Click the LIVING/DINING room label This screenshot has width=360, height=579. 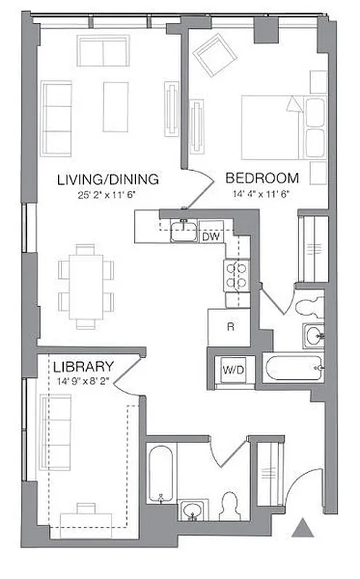[108, 179]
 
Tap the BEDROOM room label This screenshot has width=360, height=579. [262, 178]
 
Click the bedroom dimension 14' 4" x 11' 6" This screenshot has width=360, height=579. [261, 193]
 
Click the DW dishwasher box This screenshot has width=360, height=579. [210, 237]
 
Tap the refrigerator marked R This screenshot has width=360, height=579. [230, 326]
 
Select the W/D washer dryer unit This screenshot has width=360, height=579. [233, 370]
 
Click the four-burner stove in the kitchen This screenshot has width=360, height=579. [236, 275]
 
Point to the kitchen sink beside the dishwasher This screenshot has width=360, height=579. [183, 232]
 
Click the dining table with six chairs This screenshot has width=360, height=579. [85, 285]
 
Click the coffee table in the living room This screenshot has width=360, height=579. [115, 106]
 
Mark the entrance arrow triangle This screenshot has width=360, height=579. [302, 528]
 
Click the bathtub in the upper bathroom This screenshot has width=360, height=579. [293, 368]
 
